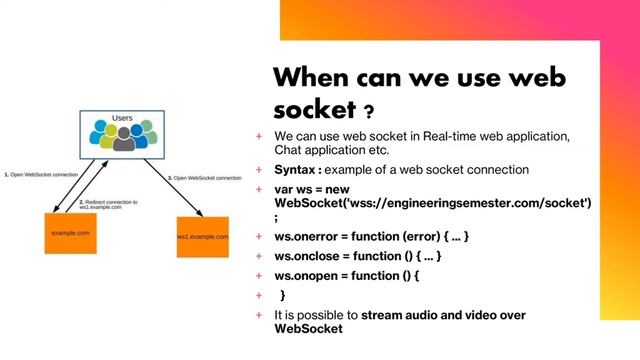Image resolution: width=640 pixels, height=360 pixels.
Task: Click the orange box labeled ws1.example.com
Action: pos(203,236)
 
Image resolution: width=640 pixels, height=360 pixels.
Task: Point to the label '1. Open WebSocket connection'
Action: pos(41,175)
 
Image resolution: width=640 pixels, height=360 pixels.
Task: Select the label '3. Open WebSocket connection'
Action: pos(205,178)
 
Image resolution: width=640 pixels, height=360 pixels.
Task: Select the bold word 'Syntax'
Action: pos(298,170)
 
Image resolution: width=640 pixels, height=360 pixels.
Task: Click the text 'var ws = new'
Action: pos(314,189)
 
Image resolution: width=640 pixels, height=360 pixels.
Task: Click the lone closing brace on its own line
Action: pos(283,295)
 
